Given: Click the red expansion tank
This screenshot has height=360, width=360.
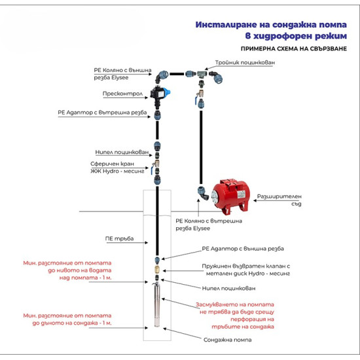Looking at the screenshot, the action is (x=230, y=196).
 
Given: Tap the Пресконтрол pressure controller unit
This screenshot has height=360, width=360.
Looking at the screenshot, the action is (x=160, y=95).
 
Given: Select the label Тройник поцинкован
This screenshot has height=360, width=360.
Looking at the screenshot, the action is (x=245, y=62).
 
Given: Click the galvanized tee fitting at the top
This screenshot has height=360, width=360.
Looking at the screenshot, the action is (x=202, y=74).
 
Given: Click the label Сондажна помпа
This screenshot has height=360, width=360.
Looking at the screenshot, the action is (x=227, y=340).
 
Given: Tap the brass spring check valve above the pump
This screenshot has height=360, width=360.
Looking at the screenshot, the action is (x=157, y=269).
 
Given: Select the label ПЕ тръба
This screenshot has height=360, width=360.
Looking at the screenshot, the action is (x=119, y=238).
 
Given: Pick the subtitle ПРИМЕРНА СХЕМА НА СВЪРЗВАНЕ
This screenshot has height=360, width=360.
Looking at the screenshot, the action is (x=294, y=48).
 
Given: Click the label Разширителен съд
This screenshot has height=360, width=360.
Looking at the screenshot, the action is (x=279, y=200).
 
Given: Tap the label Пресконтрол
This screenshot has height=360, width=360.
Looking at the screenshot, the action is (x=122, y=94).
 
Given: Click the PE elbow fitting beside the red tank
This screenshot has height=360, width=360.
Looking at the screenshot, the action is (x=203, y=193).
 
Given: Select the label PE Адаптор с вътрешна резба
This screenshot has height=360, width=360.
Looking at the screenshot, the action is (x=102, y=113).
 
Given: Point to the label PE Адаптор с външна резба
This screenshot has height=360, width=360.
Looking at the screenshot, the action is (x=243, y=249).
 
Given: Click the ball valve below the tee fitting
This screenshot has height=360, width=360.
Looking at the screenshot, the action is (x=200, y=96).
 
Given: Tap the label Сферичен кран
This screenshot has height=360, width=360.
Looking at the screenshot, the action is (x=112, y=164).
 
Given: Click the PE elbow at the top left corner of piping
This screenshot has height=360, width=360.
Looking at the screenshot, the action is (x=162, y=77).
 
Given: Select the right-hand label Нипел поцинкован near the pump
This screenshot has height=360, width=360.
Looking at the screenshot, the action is (x=228, y=288).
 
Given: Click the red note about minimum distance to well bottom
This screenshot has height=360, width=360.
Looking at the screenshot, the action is (x=67, y=319).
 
